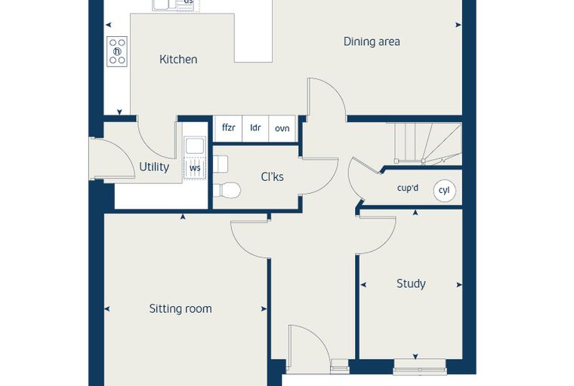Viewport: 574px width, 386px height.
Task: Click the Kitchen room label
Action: pyautogui.click(x=178, y=60)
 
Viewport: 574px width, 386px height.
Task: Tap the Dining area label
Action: pyautogui.click(x=372, y=41)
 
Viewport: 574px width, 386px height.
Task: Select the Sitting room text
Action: pyautogui.click(x=181, y=309)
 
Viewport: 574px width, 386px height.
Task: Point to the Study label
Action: pyautogui.click(x=411, y=283)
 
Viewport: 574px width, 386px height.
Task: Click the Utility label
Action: pyautogui.click(x=154, y=167)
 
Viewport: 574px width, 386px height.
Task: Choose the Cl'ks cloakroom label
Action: pyautogui.click(x=273, y=177)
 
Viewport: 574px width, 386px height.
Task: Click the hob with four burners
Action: pyautogui.click(x=117, y=51)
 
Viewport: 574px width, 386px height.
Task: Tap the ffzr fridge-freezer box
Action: pyautogui.click(x=228, y=128)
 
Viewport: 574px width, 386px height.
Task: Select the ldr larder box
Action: pyautogui.click(x=255, y=128)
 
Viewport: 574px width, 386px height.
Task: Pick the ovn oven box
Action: pyautogui.click(x=282, y=128)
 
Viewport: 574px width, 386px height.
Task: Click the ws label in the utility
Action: pyautogui.click(x=195, y=168)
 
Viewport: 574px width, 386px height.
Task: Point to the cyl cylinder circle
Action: pyautogui.click(x=444, y=191)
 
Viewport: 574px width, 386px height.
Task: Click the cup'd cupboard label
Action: pyautogui.click(x=408, y=188)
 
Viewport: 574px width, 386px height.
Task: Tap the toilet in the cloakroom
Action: pyautogui.click(x=227, y=191)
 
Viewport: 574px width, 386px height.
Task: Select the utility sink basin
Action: pyautogui.click(x=195, y=146)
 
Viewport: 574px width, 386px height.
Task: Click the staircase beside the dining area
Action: pyautogui.click(x=427, y=144)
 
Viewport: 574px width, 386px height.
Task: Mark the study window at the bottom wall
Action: pyautogui.click(x=419, y=366)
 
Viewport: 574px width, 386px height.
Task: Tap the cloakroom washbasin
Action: pyautogui.click(x=221, y=164)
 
